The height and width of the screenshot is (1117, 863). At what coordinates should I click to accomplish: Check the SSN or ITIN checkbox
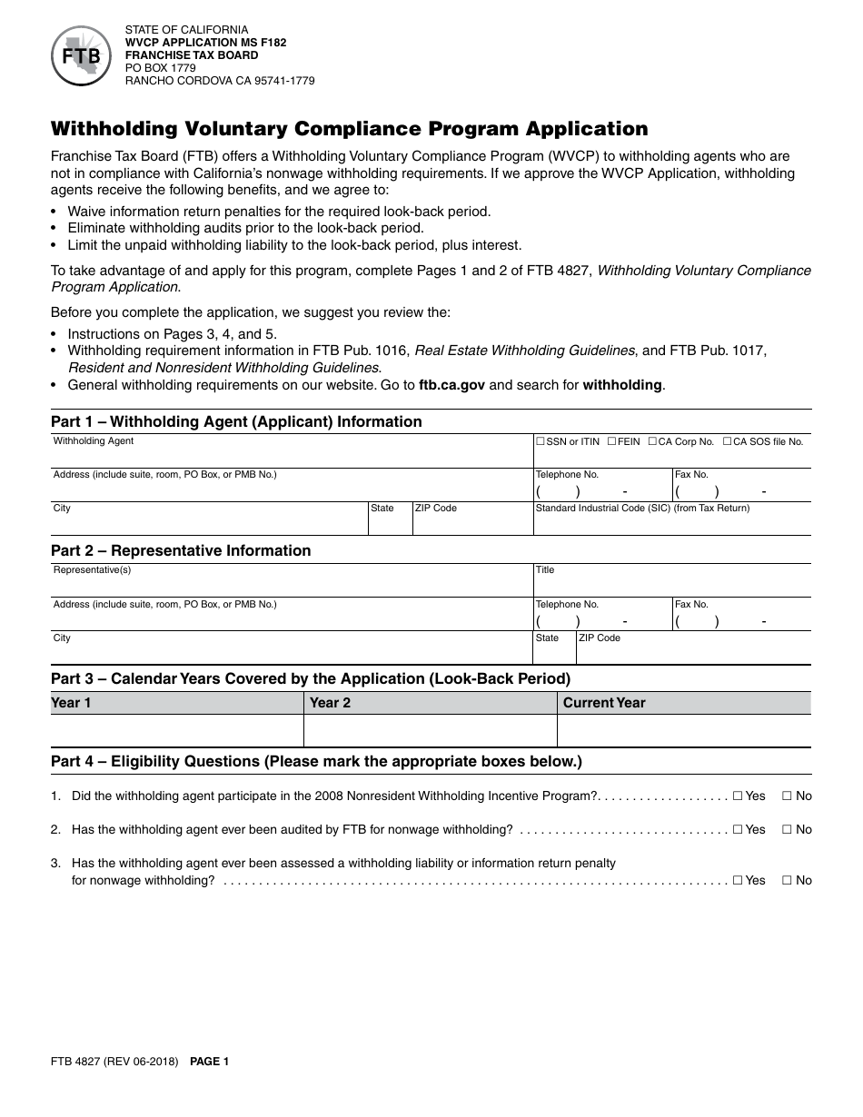pyautogui.click(x=541, y=441)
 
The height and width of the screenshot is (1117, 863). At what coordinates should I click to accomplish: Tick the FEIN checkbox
pyautogui.click(x=611, y=441)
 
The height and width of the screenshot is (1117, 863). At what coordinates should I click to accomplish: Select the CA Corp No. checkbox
pyautogui.click(x=651, y=441)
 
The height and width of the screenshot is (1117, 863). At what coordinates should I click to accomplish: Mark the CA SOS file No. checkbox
pyautogui.click(x=728, y=441)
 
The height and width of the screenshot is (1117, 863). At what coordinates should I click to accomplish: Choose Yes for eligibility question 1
pyautogui.click(x=738, y=796)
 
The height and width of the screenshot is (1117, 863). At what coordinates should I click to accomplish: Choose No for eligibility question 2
pyautogui.click(x=787, y=830)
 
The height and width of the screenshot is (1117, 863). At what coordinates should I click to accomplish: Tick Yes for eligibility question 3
pyautogui.click(x=738, y=881)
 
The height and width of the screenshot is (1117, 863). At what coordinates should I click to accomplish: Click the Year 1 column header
pyautogui.click(x=72, y=703)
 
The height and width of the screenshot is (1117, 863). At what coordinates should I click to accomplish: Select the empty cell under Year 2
pyautogui.click(x=430, y=730)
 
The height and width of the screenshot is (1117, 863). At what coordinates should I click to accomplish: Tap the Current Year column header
pyautogui.click(x=604, y=703)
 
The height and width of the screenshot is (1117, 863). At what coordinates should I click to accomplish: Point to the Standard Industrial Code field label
pyautogui.click(x=642, y=509)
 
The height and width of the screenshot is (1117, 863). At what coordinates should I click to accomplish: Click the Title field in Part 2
pyautogui.click(x=672, y=585)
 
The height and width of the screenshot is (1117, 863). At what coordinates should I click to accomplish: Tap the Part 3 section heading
pyautogui.click(x=310, y=678)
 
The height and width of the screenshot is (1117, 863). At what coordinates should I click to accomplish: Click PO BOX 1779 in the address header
pyautogui.click(x=160, y=68)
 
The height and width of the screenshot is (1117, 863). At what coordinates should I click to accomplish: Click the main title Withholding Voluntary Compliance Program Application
pyautogui.click(x=349, y=129)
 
